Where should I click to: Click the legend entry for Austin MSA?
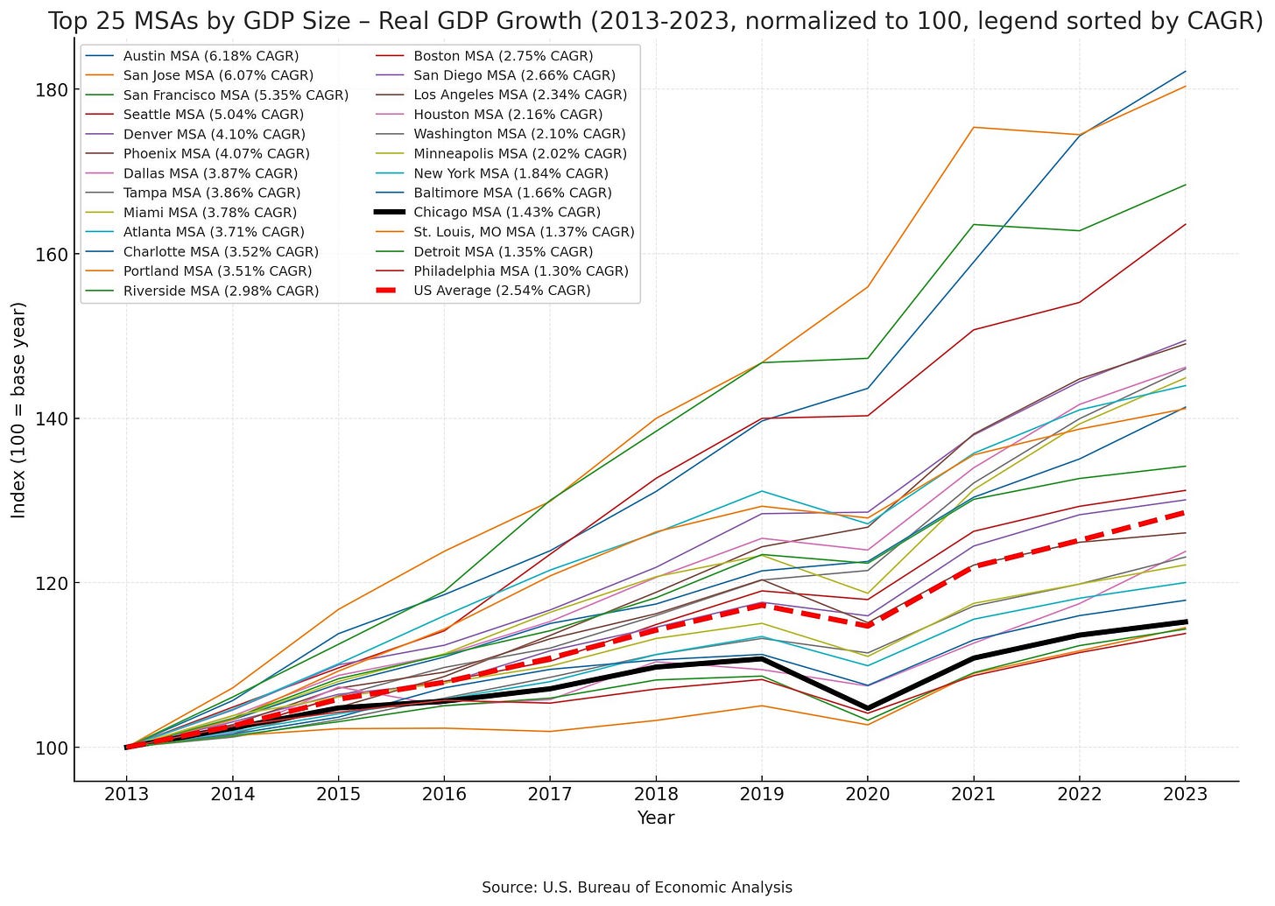(x=211, y=56)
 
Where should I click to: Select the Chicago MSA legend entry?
(x=507, y=212)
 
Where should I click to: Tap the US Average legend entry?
(x=502, y=291)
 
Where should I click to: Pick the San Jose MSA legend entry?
(x=218, y=76)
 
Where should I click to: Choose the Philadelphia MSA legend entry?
(x=520, y=271)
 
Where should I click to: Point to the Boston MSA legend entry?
(x=504, y=56)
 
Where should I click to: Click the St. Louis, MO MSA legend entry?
(x=524, y=232)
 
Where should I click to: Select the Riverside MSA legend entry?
(x=221, y=291)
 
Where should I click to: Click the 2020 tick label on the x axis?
(x=867, y=794)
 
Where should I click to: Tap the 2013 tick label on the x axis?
(x=126, y=794)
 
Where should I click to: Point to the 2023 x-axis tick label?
(x=1185, y=794)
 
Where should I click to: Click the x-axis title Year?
(x=655, y=818)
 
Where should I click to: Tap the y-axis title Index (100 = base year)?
(x=18, y=410)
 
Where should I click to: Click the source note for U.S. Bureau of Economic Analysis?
(x=637, y=888)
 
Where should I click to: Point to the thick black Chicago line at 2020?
(x=867, y=707)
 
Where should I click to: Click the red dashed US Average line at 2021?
(x=973, y=566)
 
